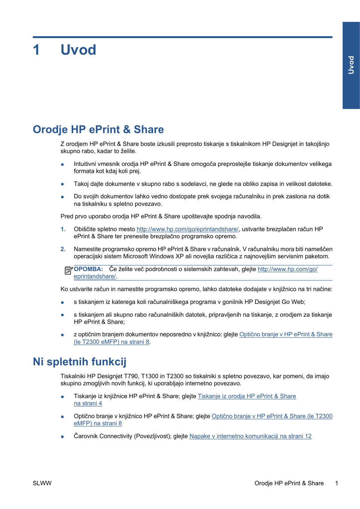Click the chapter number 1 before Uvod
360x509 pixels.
point(36,50)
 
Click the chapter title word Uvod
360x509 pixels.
point(78,50)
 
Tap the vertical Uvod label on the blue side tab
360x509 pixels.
point(351,65)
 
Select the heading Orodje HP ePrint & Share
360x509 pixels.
point(98,129)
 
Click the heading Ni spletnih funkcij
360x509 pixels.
point(79,362)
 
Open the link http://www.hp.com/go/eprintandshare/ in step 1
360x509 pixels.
point(187,229)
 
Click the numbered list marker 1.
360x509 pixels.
point(63,229)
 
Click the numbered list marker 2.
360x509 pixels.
point(63,249)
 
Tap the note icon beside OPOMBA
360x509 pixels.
point(68,270)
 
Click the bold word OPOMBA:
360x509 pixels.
point(88,269)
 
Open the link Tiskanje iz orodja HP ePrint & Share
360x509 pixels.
point(247,396)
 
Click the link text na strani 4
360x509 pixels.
point(88,403)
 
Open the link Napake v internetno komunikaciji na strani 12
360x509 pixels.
point(250,436)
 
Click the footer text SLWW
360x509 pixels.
point(42,483)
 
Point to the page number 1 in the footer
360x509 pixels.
point(337,483)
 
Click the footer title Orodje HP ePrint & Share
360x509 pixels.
point(289,483)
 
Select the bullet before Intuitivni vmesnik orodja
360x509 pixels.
point(63,164)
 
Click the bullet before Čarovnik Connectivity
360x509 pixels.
point(63,437)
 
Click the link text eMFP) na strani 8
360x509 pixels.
point(98,423)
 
